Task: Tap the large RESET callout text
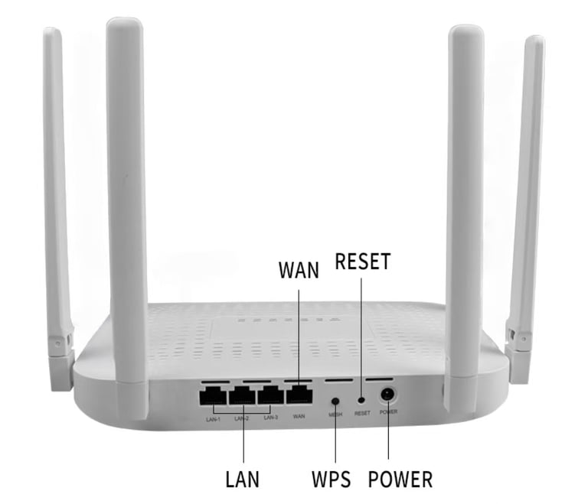coord(363,262)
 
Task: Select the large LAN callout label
coord(243,480)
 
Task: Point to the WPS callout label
coord(332,480)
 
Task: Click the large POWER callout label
coord(400,480)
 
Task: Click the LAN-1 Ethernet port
coord(213,395)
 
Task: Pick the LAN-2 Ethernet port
coord(243,395)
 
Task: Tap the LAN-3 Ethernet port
coord(270,395)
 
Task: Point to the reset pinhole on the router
coord(361,399)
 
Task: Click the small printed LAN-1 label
coord(212,418)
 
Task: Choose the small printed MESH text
coord(335,415)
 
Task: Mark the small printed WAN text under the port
coord(299,417)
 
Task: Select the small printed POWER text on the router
coord(389,413)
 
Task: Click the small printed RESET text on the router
coord(362,414)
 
